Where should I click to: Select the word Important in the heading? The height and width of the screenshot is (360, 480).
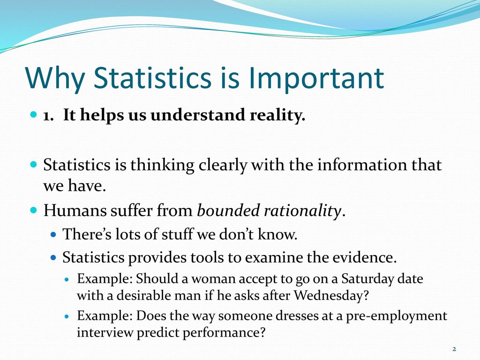[316, 78]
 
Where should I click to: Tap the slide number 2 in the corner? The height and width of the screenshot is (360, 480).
[454, 349]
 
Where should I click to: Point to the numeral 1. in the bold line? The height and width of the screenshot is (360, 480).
[48, 116]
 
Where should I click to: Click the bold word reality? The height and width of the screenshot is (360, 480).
[277, 115]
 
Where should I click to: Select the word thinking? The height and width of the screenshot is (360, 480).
[162, 165]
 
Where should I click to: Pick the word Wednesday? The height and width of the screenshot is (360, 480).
[331, 295]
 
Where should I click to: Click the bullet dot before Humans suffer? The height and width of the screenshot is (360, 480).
[34, 210]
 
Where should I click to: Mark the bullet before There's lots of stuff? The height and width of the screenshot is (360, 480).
[53, 235]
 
